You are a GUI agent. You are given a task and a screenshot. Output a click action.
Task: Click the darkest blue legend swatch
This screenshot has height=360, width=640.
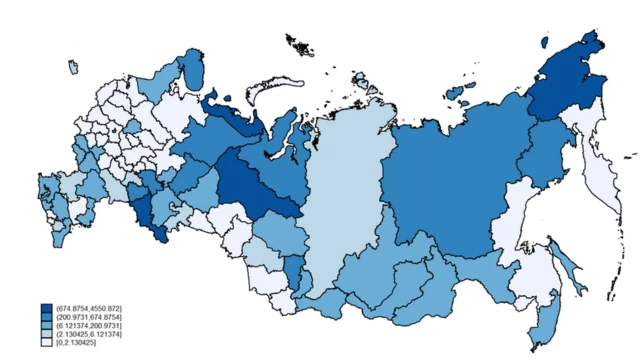pyautogui.click(x=47, y=307)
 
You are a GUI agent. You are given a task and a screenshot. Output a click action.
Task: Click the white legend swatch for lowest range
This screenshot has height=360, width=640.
pyautogui.click(x=47, y=343)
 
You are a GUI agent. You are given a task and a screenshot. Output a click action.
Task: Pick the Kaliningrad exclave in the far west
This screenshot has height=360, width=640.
pyautogui.click(x=73, y=67)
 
